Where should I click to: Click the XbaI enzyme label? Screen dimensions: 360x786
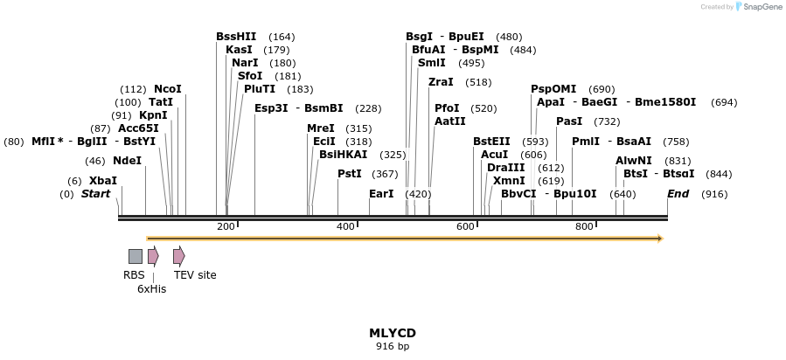(103, 181)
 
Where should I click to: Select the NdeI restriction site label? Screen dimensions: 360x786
(127, 161)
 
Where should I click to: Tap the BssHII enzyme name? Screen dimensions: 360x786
(236, 37)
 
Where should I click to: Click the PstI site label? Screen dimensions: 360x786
(350, 174)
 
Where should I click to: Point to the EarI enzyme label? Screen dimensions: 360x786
(381, 194)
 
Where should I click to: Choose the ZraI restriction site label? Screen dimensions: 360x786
(441, 82)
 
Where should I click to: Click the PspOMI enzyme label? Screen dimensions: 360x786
(553, 89)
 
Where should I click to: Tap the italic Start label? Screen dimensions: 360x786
(95, 194)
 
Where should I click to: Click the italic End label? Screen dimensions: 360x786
(678, 194)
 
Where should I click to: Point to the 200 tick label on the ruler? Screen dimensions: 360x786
(226, 227)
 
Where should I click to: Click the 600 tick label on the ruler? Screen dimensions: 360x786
(465, 227)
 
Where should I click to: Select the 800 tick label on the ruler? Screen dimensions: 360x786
(585, 227)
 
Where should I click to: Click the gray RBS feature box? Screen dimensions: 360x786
(136, 256)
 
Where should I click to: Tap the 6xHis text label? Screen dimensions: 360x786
(151, 289)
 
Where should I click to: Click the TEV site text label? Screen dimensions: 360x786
(195, 275)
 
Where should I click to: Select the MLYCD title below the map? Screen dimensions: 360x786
(393, 333)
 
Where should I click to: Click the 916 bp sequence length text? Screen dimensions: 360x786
(393, 347)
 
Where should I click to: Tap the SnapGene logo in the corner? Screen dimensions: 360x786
(757, 7)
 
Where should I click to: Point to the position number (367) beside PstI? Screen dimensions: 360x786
(385, 174)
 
